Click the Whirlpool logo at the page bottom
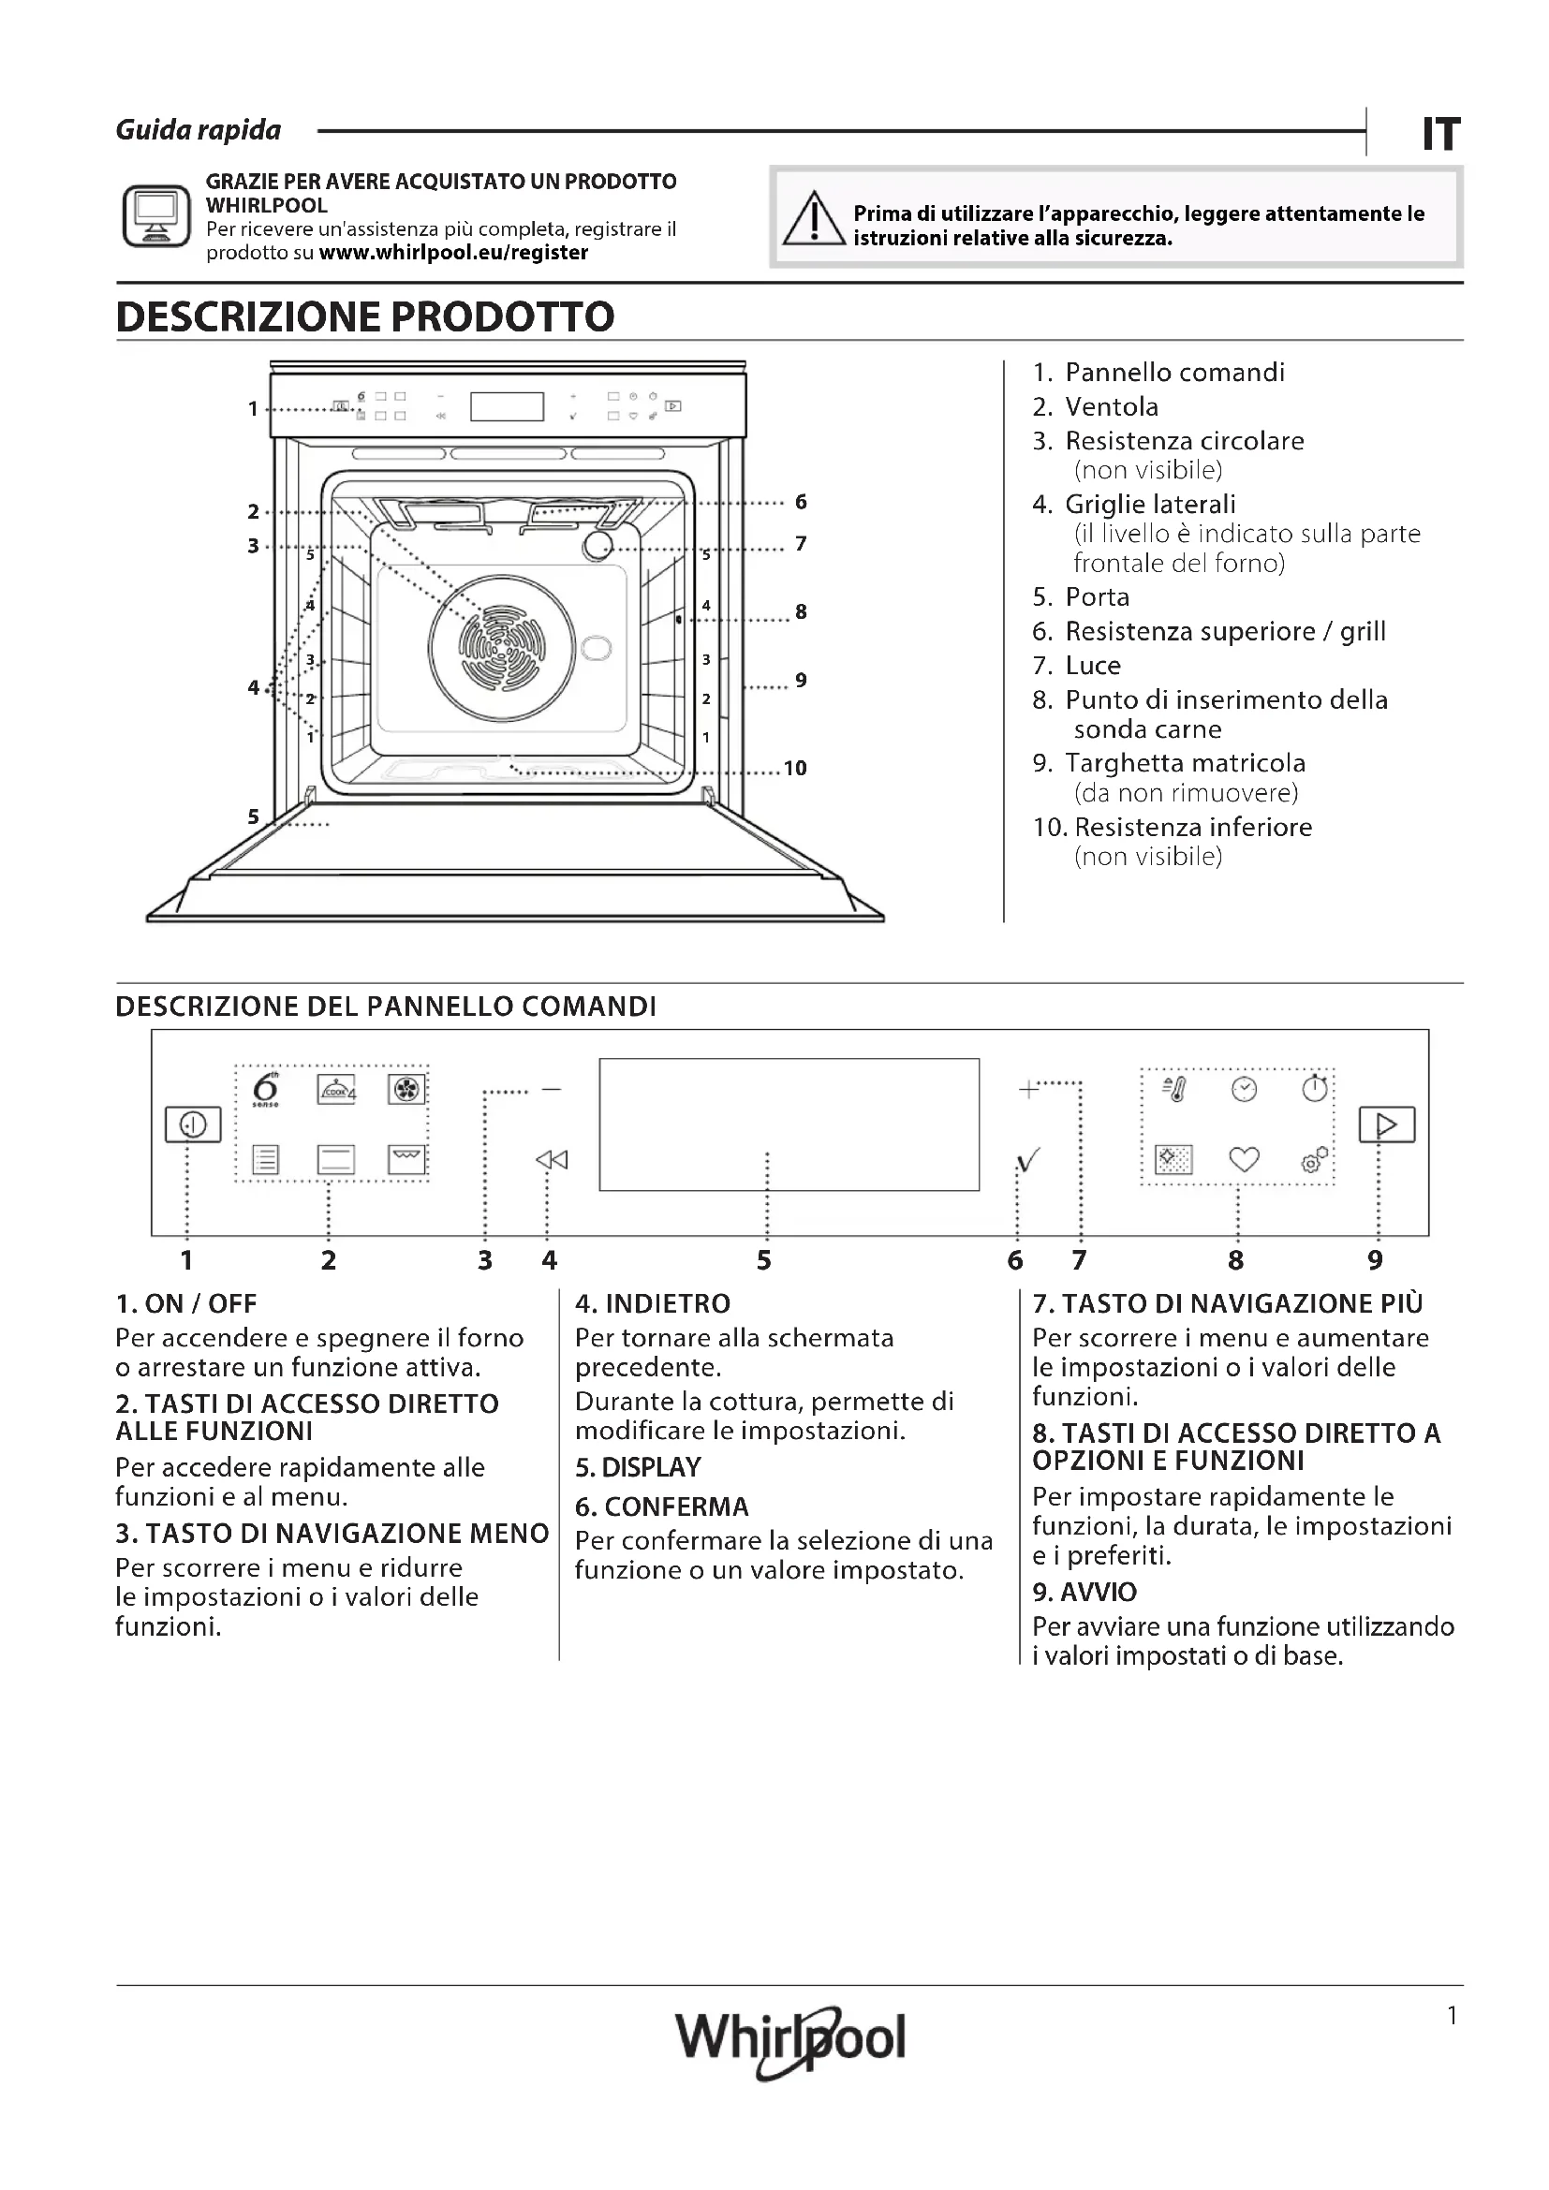[x=789, y=2038]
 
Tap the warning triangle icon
[x=814, y=219]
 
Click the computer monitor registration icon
[x=156, y=216]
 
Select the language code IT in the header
[x=1440, y=135]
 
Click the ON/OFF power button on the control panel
[x=193, y=1124]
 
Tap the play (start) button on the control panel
[x=1386, y=1124]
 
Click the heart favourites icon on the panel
[x=1244, y=1160]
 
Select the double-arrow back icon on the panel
[x=552, y=1160]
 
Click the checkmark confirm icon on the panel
[x=1028, y=1160]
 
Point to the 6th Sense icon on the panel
[x=266, y=1089]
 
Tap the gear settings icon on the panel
[x=1313, y=1160]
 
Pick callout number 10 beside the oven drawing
[x=794, y=768]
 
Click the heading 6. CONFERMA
[x=662, y=1507]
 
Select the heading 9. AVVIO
[x=1084, y=1592]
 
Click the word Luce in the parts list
[x=1092, y=666]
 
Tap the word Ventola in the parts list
[x=1112, y=407]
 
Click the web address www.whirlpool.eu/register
[x=453, y=253]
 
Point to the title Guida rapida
[x=199, y=131]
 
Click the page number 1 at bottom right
[x=1452, y=2016]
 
